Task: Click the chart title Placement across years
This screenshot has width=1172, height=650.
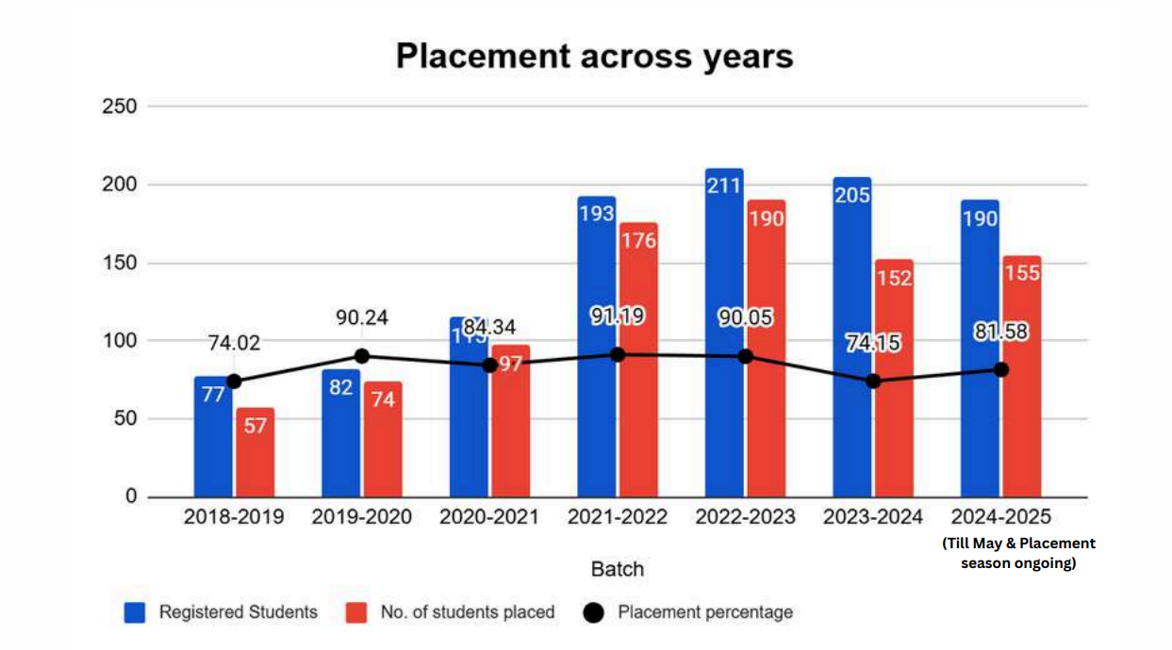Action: [594, 57]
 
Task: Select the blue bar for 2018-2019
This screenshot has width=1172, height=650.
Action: [213, 438]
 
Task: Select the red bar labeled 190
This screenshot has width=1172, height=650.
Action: [766, 349]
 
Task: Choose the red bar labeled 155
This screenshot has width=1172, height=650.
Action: [1022, 377]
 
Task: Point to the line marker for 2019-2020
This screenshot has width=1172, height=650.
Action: [361, 356]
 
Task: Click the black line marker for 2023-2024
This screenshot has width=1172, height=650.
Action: [873, 381]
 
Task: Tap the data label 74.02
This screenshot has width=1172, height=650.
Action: [233, 344]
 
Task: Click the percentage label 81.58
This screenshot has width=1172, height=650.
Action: [1000, 332]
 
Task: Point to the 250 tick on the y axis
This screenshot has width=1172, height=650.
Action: [120, 106]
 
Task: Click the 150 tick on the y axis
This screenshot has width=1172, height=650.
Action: [120, 263]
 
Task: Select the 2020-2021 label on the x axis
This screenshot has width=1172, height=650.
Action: [489, 517]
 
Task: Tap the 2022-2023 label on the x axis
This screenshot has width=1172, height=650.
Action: [745, 517]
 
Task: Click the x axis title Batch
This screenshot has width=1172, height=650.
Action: [617, 569]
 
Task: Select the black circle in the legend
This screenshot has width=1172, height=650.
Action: [593, 613]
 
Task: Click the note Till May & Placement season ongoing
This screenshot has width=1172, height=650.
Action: [1018, 554]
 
